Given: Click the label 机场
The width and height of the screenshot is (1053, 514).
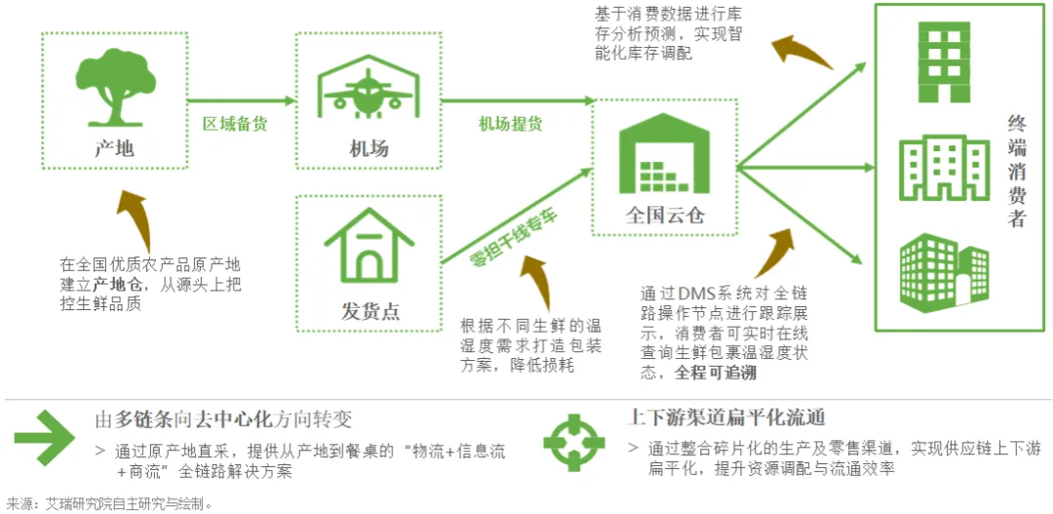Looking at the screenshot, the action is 369,149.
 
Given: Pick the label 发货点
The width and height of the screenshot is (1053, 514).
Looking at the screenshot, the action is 370,311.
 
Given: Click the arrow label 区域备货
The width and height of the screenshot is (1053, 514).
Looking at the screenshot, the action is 235,124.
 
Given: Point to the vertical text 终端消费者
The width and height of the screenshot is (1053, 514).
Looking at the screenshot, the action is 1017,172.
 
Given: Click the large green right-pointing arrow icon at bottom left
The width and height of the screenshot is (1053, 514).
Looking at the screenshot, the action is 44,436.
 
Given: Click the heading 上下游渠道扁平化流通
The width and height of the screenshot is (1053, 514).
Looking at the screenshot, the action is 726,417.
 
